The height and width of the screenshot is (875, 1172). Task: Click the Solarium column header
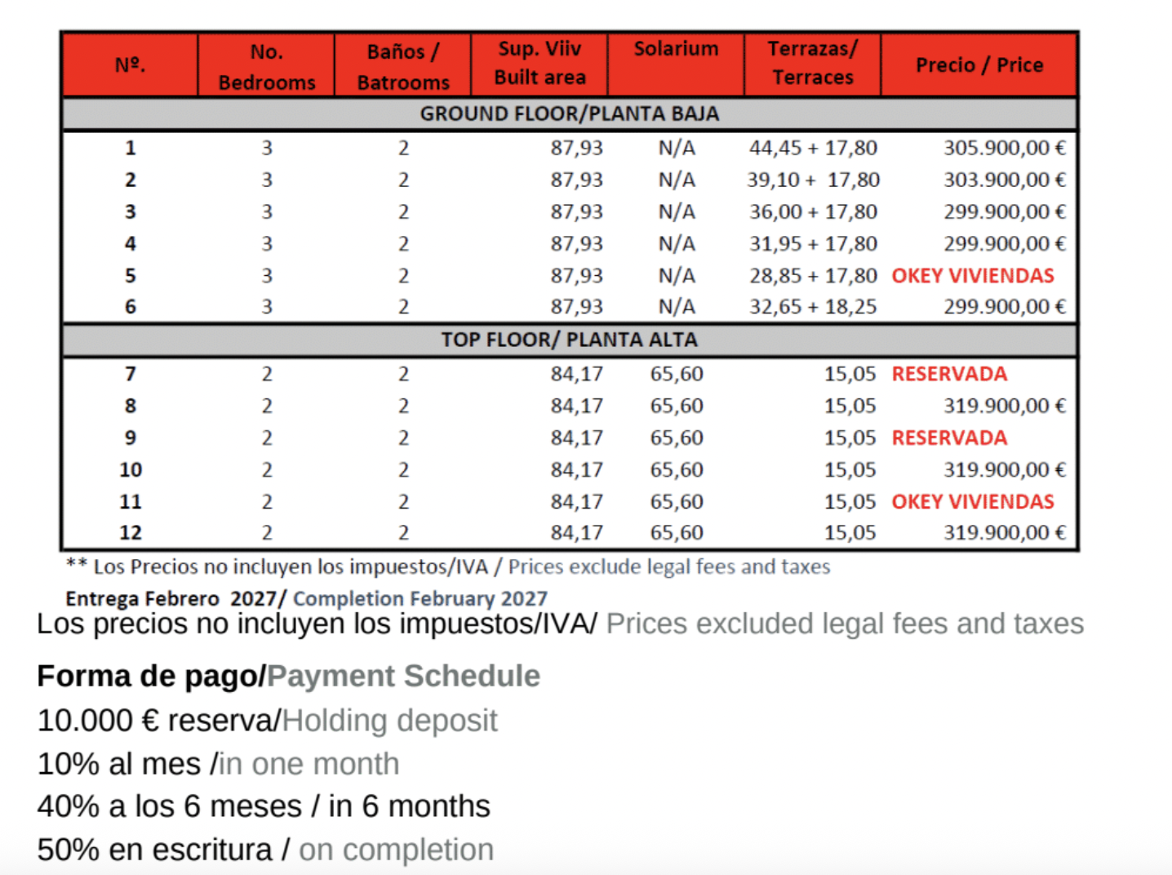(x=676, y=50)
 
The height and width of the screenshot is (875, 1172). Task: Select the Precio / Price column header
(x=979, y=65)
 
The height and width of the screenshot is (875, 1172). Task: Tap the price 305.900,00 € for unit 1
(x=1004, y=148)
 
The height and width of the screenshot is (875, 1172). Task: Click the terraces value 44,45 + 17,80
(x=813, y=148)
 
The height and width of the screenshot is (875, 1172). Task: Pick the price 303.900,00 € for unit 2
(x=1004, y=180)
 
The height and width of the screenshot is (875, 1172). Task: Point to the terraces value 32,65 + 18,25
(x=813, y=307)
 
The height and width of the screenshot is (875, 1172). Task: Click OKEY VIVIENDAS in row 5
(x=972, y=276)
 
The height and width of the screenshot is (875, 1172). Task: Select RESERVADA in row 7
(x=948, y=374)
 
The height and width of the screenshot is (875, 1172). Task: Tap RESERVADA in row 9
(x=948, y=437)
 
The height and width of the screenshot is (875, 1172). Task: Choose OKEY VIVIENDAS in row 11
(x=972, y=501)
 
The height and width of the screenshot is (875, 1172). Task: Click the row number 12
(x=131, y=533)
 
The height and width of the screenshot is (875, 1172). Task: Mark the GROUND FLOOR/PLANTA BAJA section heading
(x=569, y=114)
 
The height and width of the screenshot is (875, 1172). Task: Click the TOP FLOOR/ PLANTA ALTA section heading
(x=569, y=340)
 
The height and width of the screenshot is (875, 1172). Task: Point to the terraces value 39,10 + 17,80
(x=813, y=180)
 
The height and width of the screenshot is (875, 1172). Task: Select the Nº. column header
(x=130, y=65)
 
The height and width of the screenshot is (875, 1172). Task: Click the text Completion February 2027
(x=420, y=598)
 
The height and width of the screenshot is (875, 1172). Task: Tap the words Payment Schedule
(x=403, y=676)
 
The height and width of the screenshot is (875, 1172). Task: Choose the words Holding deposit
(x=389, y=721)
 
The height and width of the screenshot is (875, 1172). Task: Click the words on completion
(x=396, y=850)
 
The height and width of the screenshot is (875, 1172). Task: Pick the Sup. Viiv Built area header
(x=539, y=64)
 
